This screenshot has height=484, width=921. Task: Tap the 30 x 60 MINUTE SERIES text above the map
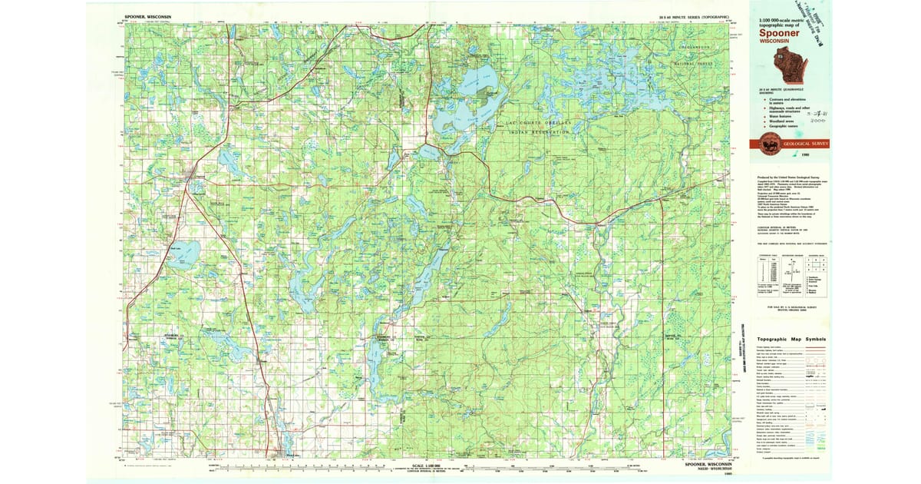click(x=682, y=16)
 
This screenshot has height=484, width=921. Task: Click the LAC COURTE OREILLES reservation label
click(x=533, y=123)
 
